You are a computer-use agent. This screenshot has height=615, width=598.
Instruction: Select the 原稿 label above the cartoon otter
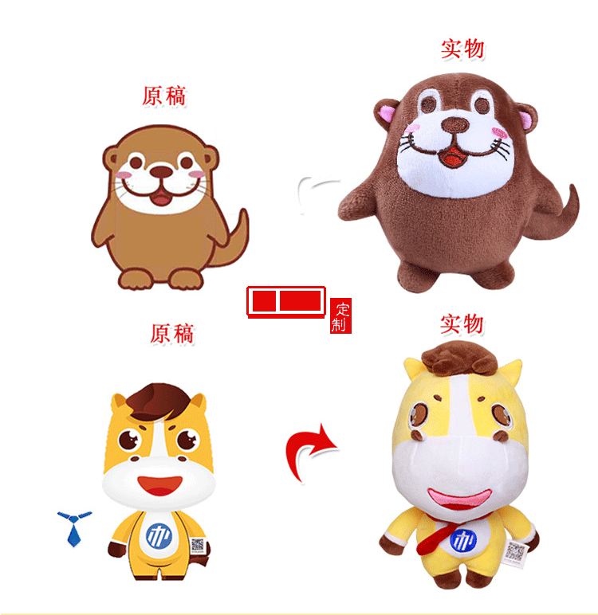click(x=164, y=96)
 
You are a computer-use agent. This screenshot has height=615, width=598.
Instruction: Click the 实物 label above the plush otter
click(x=463, y=49)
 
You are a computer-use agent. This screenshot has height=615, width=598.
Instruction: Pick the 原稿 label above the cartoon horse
click(x=171, y=332)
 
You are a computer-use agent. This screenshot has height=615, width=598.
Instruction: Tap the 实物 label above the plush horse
click(x=462, y=324)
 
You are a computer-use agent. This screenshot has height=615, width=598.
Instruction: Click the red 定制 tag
click(x=340, y=316)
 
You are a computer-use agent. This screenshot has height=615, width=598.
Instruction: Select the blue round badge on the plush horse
click(x=462, y=542)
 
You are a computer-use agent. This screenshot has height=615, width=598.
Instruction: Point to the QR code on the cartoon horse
click(x=198, y=546)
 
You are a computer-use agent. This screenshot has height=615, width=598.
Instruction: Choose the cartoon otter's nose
click(x=161, y=171)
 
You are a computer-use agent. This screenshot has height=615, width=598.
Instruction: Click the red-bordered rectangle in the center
click(x=286, y=302)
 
